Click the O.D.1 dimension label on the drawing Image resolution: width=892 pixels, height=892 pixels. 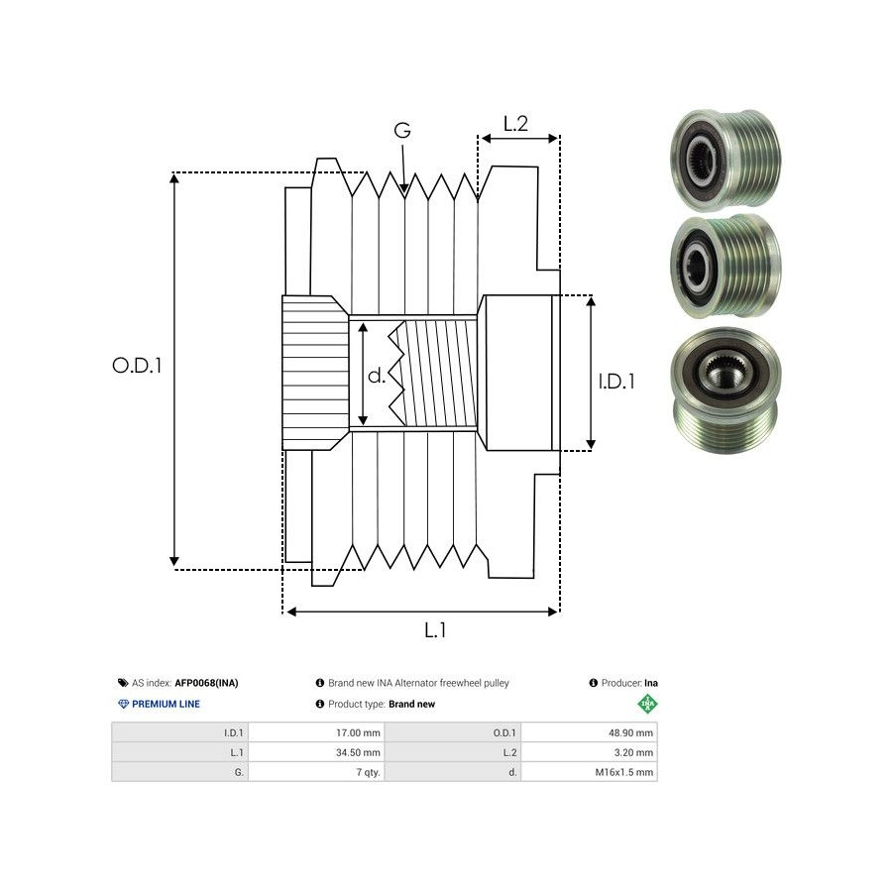click(x=137, y=365)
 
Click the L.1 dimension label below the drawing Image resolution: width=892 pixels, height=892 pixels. click(x=435, y=630)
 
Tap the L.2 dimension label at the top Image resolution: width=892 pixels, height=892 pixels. click(x=515, y=124)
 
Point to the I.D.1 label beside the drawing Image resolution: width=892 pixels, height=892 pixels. click(x=615, y=381)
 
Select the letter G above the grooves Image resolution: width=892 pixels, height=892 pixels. click(x=401, y=131)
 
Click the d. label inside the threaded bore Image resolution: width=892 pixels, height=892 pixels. click(x=377, y=376)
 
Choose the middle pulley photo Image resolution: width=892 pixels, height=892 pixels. click(x=723, y=265)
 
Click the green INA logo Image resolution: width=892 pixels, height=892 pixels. click(x=647, y=704)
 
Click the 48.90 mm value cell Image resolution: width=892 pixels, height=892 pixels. click(x=630, y=733)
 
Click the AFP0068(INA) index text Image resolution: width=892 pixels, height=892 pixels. click(x=206, y=683)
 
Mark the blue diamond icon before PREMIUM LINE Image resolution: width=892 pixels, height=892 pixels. click(x=123, y=704)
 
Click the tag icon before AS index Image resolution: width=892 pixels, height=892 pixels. click(x=123, y=683)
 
